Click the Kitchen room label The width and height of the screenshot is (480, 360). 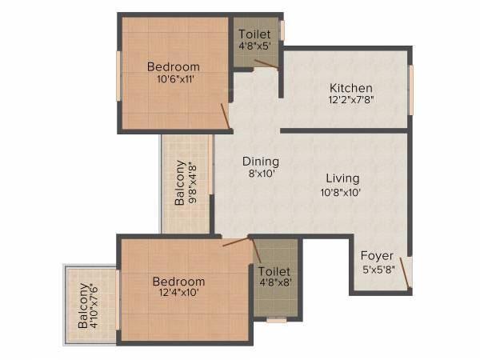tap(353, 87)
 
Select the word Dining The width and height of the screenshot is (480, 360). tap(261, 162)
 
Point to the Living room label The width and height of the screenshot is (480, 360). tap(342, 178)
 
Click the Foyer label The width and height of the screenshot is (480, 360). tap(377, 256)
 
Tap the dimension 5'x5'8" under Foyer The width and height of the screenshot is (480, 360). tap(377, 269)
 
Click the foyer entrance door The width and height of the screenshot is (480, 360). tap(406, 271)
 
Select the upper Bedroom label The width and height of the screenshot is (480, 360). tap(174, 66)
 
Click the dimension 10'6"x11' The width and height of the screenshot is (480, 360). tap(174, 78)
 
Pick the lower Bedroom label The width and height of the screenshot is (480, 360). tap(179, 282)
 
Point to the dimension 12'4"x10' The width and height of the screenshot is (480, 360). tap(179, 293)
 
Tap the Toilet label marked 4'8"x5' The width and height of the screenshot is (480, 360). tap(254, 34)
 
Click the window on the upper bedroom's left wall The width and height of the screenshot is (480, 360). tap(118, 75)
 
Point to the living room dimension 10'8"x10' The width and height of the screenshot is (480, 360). tap(342, 192)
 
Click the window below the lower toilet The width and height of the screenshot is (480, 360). tap(277, 320)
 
